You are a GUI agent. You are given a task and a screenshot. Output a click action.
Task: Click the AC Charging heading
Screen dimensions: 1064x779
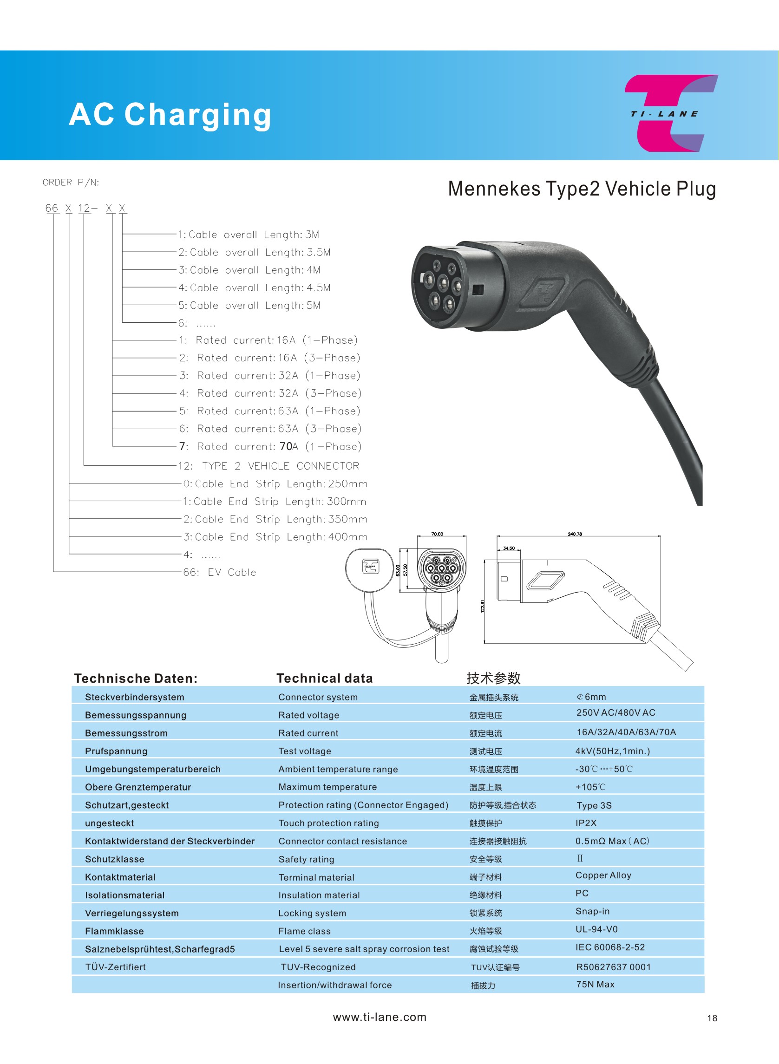pyautogui.click(x=170, y=115)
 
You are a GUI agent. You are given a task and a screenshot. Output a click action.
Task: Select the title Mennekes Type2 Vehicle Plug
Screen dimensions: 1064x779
pyautogui.click(x=582, y=189)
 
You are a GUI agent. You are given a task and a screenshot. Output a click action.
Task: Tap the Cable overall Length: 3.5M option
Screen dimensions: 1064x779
pyautogui.click(x=255, y=252)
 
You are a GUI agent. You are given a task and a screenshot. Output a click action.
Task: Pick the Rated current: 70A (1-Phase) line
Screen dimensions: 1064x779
pyautogui.click(x=270, y=446)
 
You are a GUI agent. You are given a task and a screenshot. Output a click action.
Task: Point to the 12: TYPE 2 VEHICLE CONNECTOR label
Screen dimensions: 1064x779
pyautogui.click(x=268, y=466)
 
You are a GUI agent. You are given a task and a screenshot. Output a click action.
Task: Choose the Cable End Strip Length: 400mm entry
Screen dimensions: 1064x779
pyautogui.click(x=275, y=536)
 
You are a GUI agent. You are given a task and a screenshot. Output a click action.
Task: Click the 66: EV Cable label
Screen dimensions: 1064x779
pyautogui.click(x=219, y=572)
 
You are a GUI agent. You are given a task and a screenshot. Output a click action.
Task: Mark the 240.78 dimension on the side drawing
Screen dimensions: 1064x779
pyautogui.click(x=574, y=534)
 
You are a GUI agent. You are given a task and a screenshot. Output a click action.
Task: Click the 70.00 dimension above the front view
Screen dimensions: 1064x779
pyautogui.click(x=437, y=534)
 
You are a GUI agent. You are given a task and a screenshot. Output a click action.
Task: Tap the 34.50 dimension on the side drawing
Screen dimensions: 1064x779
pyautogui.click(x=509, y=548)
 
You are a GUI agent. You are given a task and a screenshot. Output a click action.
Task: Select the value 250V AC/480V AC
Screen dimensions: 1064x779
pyautogui.click(x=616, y=712)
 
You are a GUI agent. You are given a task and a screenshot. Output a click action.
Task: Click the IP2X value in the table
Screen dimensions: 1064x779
pyautogui.click(x=586, y=822)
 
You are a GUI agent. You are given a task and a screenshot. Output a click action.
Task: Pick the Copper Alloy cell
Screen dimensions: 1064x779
pyautogui.click(x=603, y=875)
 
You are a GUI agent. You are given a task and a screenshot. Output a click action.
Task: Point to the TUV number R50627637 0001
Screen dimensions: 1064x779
pyautogui.click(x=613, y=967)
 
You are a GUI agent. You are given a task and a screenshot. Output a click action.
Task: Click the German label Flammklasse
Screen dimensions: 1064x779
pyautogui.click(x=115, y=931)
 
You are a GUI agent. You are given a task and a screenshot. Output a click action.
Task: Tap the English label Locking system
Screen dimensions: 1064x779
pyautogui.click(x=312, y=913)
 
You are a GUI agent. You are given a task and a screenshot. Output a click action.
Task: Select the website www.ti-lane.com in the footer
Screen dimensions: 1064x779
pyautogui.click(x=380, y=1017)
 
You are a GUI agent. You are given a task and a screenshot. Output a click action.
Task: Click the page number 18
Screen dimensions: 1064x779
pyautogui.click(x=712, y=1018)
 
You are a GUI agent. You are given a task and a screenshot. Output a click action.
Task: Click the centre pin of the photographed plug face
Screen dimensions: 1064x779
pyautogui.click(x=443, y=283)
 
